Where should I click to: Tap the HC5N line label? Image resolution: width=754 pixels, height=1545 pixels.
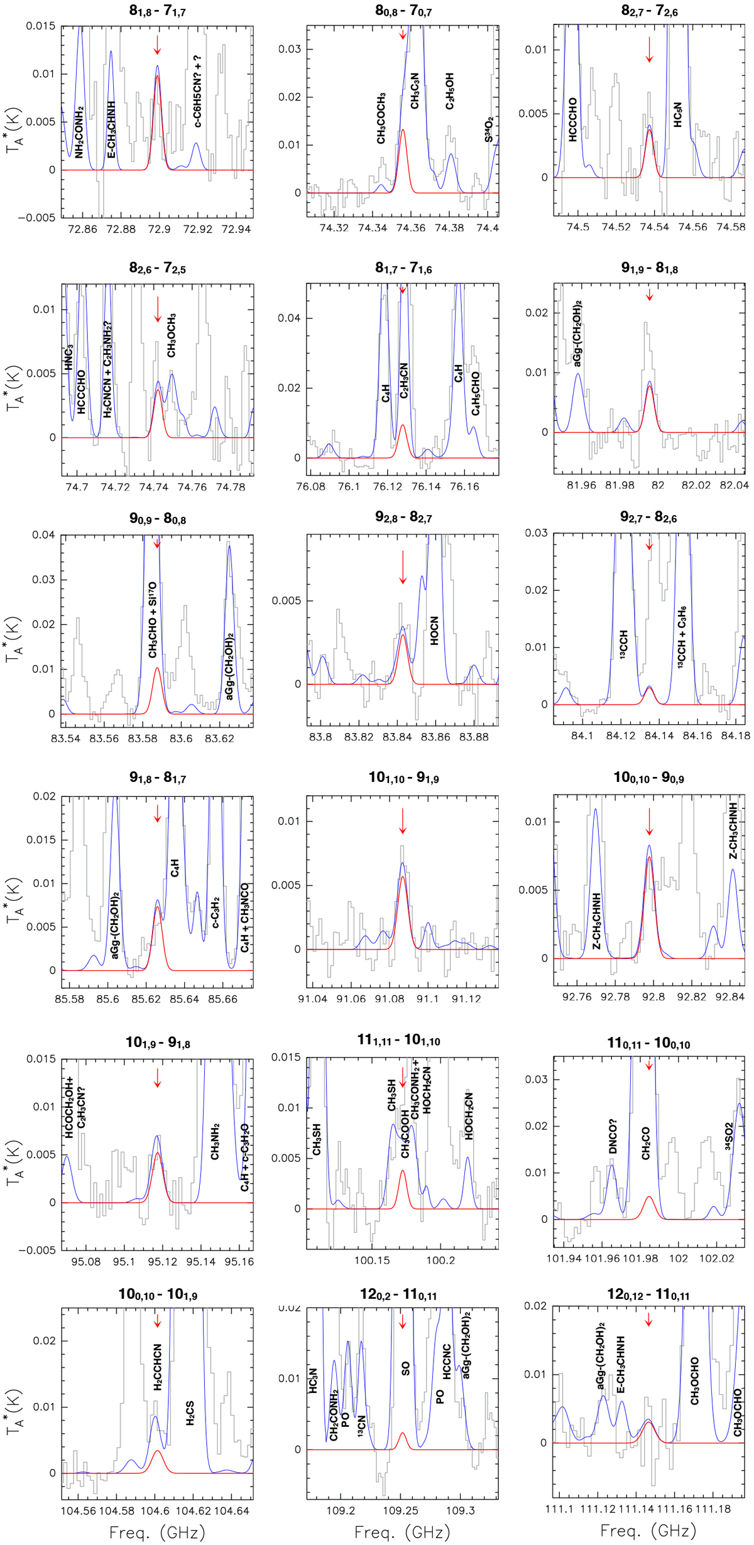pos(677,115)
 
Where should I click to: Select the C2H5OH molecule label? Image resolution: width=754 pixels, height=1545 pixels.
pos(450,91)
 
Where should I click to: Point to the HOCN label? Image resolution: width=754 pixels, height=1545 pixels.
pos(434,631)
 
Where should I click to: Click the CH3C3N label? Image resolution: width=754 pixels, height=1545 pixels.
pos(415,90)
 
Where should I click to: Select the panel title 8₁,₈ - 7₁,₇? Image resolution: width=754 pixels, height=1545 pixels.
pos(157,11)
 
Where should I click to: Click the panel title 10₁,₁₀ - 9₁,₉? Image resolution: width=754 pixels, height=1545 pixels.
pos(403,779)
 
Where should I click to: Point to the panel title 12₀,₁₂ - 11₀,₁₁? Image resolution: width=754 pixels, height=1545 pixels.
pos(648,1294)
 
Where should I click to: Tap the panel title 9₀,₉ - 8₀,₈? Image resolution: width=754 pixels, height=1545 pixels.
pos(157,519)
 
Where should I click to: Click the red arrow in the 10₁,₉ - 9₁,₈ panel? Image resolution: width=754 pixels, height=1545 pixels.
pos(158,1078)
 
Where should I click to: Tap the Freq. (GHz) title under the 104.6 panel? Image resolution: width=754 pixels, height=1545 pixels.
pos(157,1532)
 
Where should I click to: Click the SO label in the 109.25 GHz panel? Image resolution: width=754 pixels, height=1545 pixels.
pos(406,1369)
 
